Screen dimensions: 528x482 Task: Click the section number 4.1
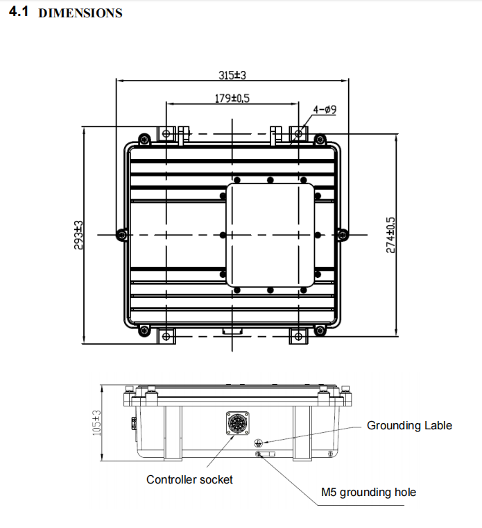(19, 13)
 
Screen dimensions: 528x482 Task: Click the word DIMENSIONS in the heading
(80, 13)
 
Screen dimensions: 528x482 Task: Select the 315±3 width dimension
(232, 74)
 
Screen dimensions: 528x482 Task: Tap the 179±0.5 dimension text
(232, 99)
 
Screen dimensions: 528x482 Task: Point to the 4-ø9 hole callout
(325, 110)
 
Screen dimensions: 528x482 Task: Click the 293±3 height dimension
(78, 235)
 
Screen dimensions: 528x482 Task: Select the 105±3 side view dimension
(96, 422)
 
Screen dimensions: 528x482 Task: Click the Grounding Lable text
(409, 425)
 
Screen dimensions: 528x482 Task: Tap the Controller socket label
(189, 479)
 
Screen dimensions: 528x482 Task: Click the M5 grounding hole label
(368, 493)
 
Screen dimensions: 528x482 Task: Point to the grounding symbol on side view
(259, 441)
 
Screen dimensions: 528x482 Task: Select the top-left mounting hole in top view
(166, 132)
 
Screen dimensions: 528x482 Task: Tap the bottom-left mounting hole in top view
(166, 337)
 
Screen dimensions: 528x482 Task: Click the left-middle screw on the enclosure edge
(122, 235)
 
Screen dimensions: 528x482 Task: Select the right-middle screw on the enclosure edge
(341, 235)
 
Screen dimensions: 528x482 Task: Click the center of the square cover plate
(270, 235)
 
